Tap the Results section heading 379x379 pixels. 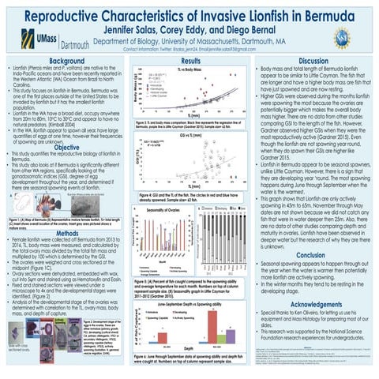point(189,61)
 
